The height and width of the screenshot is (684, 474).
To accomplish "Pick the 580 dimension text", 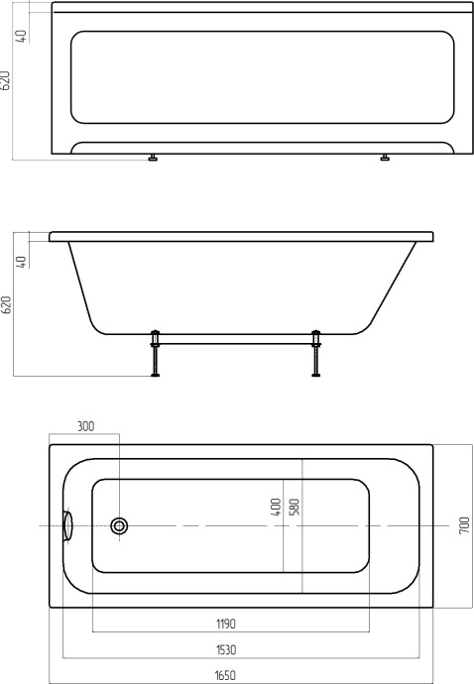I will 295,507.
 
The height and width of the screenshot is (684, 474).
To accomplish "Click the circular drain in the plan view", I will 120,525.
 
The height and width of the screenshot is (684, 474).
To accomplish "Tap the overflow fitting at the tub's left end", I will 68,525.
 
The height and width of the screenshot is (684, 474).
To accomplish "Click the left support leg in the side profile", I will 156,354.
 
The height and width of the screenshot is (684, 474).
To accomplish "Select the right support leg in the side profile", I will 316,354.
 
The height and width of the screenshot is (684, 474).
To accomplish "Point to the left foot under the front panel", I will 153,158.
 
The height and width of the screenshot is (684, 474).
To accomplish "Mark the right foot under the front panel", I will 385,158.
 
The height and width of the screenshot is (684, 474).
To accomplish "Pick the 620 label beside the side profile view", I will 8,304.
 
